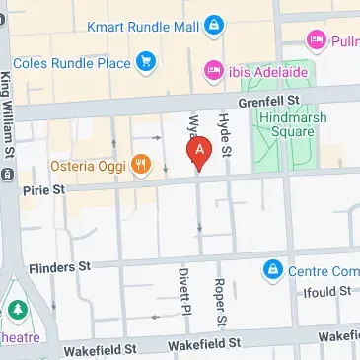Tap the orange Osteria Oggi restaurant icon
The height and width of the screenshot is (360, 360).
(141, 164)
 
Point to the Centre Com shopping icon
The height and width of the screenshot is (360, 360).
(271, 267)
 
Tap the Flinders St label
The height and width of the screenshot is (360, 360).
(60, 266)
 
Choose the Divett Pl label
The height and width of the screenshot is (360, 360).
(182, 292)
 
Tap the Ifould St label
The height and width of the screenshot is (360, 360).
(328, 292)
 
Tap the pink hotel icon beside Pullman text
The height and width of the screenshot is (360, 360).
(316, 40)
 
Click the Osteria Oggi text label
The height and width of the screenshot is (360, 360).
(90, 165)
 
